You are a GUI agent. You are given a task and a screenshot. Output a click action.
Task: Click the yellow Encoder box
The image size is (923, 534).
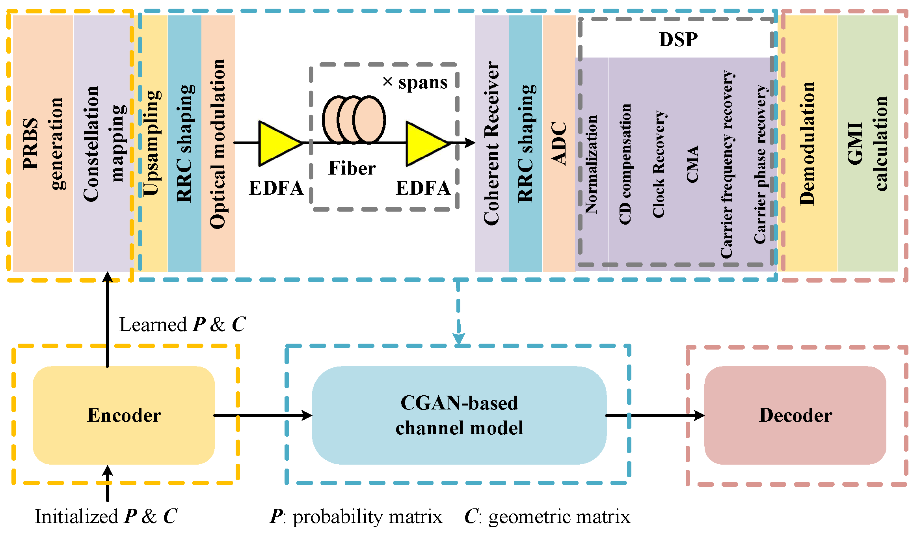[123, 415]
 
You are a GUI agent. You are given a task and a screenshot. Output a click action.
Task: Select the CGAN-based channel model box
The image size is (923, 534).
[459, 415]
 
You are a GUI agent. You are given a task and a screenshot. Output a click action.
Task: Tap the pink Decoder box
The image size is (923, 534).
[795, 415]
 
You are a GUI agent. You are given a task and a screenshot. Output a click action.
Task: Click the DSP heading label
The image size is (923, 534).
[678, 39]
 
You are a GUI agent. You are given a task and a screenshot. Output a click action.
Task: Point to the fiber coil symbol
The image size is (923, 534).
[354, 119]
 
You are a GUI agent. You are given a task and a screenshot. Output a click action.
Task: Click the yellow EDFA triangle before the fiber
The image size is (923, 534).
[278, 143]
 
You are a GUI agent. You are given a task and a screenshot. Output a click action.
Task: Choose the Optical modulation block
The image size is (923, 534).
[218, 143]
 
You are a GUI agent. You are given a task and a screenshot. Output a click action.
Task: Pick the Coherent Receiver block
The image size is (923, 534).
[491, 143]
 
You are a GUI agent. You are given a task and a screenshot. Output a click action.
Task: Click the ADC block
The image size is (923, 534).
[559, 143]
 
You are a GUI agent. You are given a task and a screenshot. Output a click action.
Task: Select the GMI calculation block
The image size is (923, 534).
[867, 143]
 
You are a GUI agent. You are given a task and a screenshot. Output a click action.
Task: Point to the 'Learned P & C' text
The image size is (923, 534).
[182, 325]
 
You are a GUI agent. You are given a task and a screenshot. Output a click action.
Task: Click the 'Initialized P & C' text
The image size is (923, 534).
[106, 516]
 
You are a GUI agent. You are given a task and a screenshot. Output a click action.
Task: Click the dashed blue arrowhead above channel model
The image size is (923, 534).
[459, 339]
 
